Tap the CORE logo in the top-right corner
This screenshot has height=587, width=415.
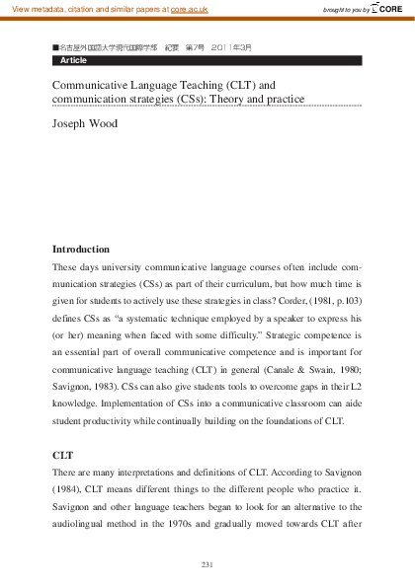pos(389,9)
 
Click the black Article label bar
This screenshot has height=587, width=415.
pos(207,60)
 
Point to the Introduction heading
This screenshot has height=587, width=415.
pos(81,249)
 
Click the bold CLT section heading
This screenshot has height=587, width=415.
pos(62,456)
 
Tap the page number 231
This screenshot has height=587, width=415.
pos(207,563)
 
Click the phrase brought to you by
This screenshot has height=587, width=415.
pos(346,10)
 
